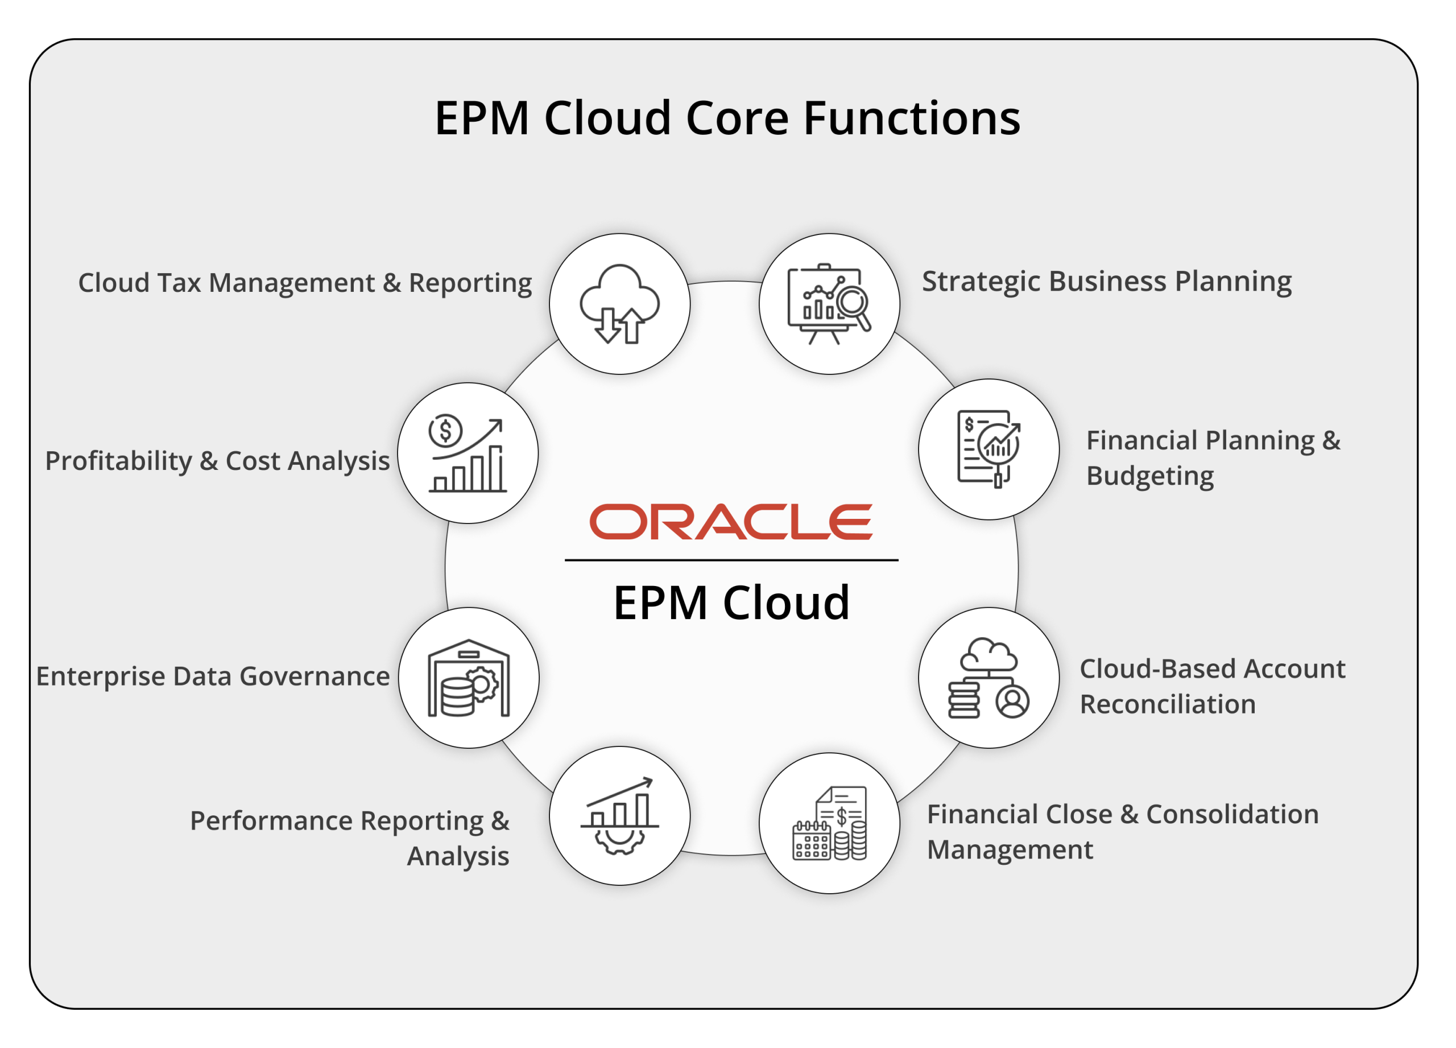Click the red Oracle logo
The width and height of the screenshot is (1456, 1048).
point(731,521)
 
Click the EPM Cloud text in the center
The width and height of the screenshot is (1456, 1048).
point(731,603)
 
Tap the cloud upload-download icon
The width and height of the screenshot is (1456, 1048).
point(619,304)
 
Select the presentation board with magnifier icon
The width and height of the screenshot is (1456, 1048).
point(829,304)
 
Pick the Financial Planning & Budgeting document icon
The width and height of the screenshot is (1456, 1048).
point(988,449)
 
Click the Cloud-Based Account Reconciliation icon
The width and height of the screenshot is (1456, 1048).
point(988,678)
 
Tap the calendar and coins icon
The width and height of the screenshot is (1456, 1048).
point(829,823)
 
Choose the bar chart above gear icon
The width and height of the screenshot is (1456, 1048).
point(619,815)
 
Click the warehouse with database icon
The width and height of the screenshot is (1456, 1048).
point(469,678)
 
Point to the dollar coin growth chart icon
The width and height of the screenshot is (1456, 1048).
point(468,453)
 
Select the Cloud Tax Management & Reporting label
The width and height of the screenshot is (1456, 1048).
point(305,284)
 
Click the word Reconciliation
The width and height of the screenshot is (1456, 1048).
point(1168,705)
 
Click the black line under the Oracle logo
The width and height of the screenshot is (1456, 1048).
point(731,560)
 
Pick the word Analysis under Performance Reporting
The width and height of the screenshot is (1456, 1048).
point(458,857)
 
